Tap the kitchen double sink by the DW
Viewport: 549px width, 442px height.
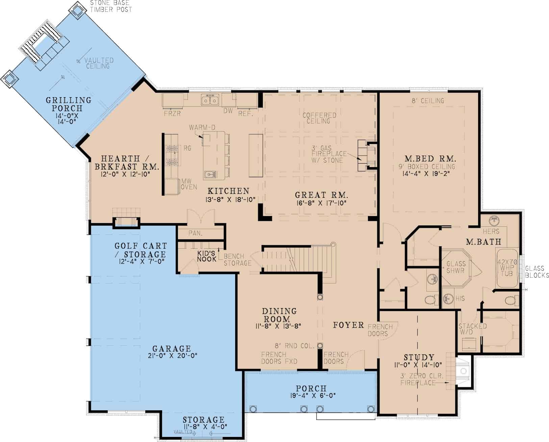pyautogui.click(x=209, y=100)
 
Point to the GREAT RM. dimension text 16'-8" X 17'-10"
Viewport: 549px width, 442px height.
pyautogui.click(x=321, y=203)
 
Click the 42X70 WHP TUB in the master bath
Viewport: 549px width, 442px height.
pyautogui.click(x=507, y=268)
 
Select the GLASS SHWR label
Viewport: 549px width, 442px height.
pyautogui.click(x=456, y=267)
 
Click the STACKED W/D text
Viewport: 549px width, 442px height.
pyautogui.click(x=472, y=329)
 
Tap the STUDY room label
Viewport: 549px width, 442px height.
pyautogui.click(x=419, y=357)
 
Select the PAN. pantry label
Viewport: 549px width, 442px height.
pyautogui.click(x=195, y=233)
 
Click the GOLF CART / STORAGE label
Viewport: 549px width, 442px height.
pyautogui.click(x=141, y=250)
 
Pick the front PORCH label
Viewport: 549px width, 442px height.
pyautogui.click(x=311, y=389)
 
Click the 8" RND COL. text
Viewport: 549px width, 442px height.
pyautogui.click(x=294, y=346)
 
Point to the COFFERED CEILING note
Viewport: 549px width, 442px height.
pyautogui.click(x=319, y=118)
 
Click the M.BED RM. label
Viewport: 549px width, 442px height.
pyautogui.click(x=430, y=158)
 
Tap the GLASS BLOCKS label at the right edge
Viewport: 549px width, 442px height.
pyautogui.click(x=537, y=272)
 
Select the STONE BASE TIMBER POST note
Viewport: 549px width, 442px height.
pyautogui.click(x=111, y=6)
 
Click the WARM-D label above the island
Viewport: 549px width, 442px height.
pyautogui.click(x=202, y=127)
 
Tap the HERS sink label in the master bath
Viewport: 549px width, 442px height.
pyautogui.click(x=491, y=231)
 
